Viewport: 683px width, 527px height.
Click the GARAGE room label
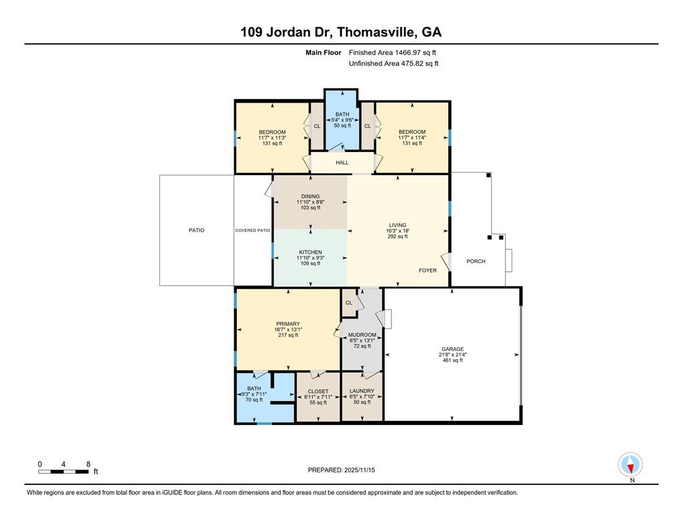tap(452, 348)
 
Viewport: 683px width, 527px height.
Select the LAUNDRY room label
tap(362, 391)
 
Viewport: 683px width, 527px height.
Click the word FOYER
tap(428, 270)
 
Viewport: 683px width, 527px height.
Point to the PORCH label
tap(476, 261)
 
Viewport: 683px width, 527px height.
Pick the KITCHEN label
tap(310, 253)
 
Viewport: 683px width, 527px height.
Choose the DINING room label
tap(310, 196)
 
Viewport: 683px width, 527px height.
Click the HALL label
tap(342, 163)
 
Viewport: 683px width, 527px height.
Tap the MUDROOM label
tap(362, 335)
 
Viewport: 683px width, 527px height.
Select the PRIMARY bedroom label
tap(288, 324)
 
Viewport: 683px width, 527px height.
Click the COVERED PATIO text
tap(253, 231)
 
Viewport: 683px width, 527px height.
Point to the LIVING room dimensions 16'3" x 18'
tap(398, 231)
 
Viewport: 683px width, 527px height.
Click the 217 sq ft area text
tap(288, 335)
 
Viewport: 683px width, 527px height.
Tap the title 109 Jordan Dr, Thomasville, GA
tap(341, 32)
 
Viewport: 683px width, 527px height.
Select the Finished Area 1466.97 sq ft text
tap(393, 52)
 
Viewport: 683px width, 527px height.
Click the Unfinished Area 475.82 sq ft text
tap(394, 64)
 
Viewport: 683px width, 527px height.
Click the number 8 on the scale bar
tap(88, 464)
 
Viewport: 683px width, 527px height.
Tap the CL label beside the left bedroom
tap(317, 126)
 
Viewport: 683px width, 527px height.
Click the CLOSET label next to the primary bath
tap(318, 391)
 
